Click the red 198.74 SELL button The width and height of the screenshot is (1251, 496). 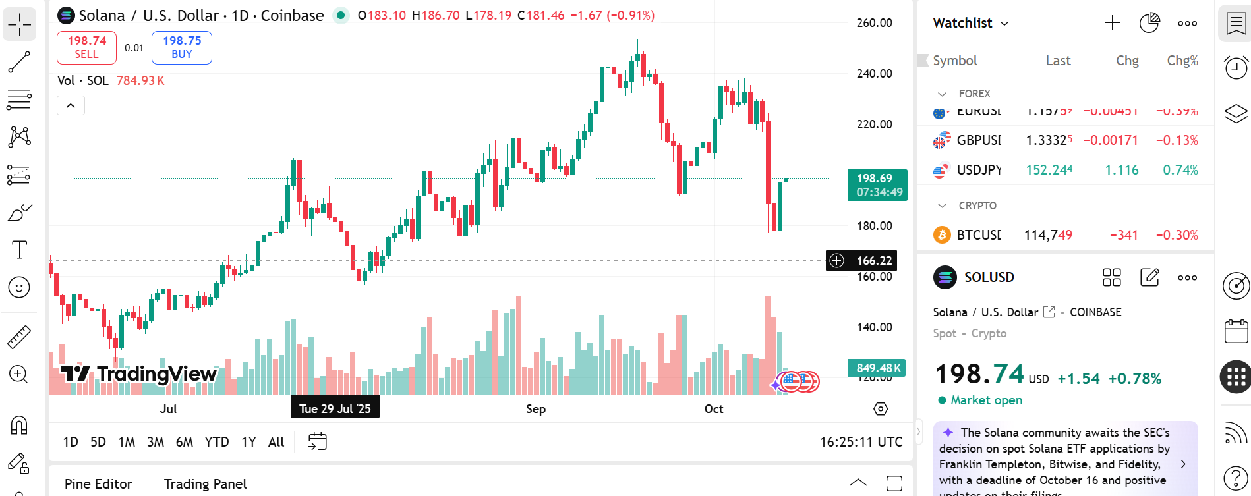(86, 47)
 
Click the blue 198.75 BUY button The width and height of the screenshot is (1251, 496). (182, 47)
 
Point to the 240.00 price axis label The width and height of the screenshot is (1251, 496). (874, 74)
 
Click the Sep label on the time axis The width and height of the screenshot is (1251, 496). (536, 409)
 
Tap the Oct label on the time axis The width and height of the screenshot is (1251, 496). (714, 409)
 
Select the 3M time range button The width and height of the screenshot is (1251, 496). (156, 442)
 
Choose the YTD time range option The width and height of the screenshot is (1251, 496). (217, 442)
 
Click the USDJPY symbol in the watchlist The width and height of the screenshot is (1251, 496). (979, 170)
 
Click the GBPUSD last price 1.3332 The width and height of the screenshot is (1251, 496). (1049, 140)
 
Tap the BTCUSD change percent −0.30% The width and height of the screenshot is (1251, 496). (1177, 235)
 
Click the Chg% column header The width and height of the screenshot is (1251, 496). (1182, 61)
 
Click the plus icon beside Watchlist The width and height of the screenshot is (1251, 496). (1112, 23)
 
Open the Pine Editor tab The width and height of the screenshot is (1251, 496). (98, 484)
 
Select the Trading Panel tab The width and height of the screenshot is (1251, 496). (205, 484)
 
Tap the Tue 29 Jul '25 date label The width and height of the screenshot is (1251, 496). (335, 409)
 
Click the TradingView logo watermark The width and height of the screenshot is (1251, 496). (138, 374)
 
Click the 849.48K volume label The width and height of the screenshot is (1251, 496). (877, 368)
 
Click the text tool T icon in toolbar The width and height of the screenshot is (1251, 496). (19, 250)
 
